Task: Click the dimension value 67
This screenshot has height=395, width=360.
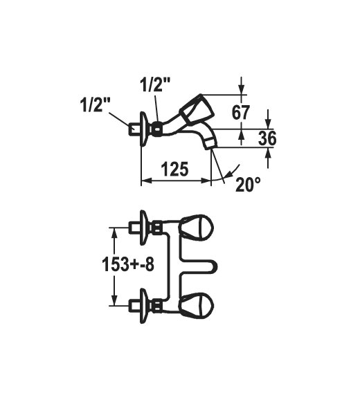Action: pyautogui.click(x=241, y=113)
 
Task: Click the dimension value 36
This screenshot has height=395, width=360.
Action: pyautogui.click(x=267, y=138)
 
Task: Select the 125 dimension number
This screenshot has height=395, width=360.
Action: pyautogui.click(x=174, y=169)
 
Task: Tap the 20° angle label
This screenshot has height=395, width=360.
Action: pyautogui.click(x=249, y=185)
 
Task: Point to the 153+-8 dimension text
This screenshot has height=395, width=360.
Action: pyautogui.click(x=128, y=264)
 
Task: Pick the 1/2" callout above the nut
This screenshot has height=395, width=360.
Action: pyautogui.click(x=155, y=85)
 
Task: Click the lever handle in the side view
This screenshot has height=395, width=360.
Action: pyautogui.click(x=196, y=110)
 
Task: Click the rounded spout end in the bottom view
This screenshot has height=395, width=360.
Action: pyautogui.click(x=213, y=266)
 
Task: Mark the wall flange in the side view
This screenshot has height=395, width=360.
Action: pyautogui.click(x=144, y=129)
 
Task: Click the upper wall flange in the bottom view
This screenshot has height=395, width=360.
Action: pyautogui.click(x=144, y=228)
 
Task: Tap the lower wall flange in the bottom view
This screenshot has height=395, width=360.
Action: pyautogui.click(x=144, y=306)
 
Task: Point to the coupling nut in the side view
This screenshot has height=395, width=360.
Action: pyautogui.click(x=156, y=129)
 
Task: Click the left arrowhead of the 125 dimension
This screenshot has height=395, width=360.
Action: pyautogui.click(x=146, y=181)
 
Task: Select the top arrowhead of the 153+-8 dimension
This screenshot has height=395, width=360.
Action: pyautogui.click(x=114, y=232)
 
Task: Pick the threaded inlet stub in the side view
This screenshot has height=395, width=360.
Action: pyautogui.click(x=134, y=129)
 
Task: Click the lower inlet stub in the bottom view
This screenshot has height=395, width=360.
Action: pyautogui.click(x=134, y=306)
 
